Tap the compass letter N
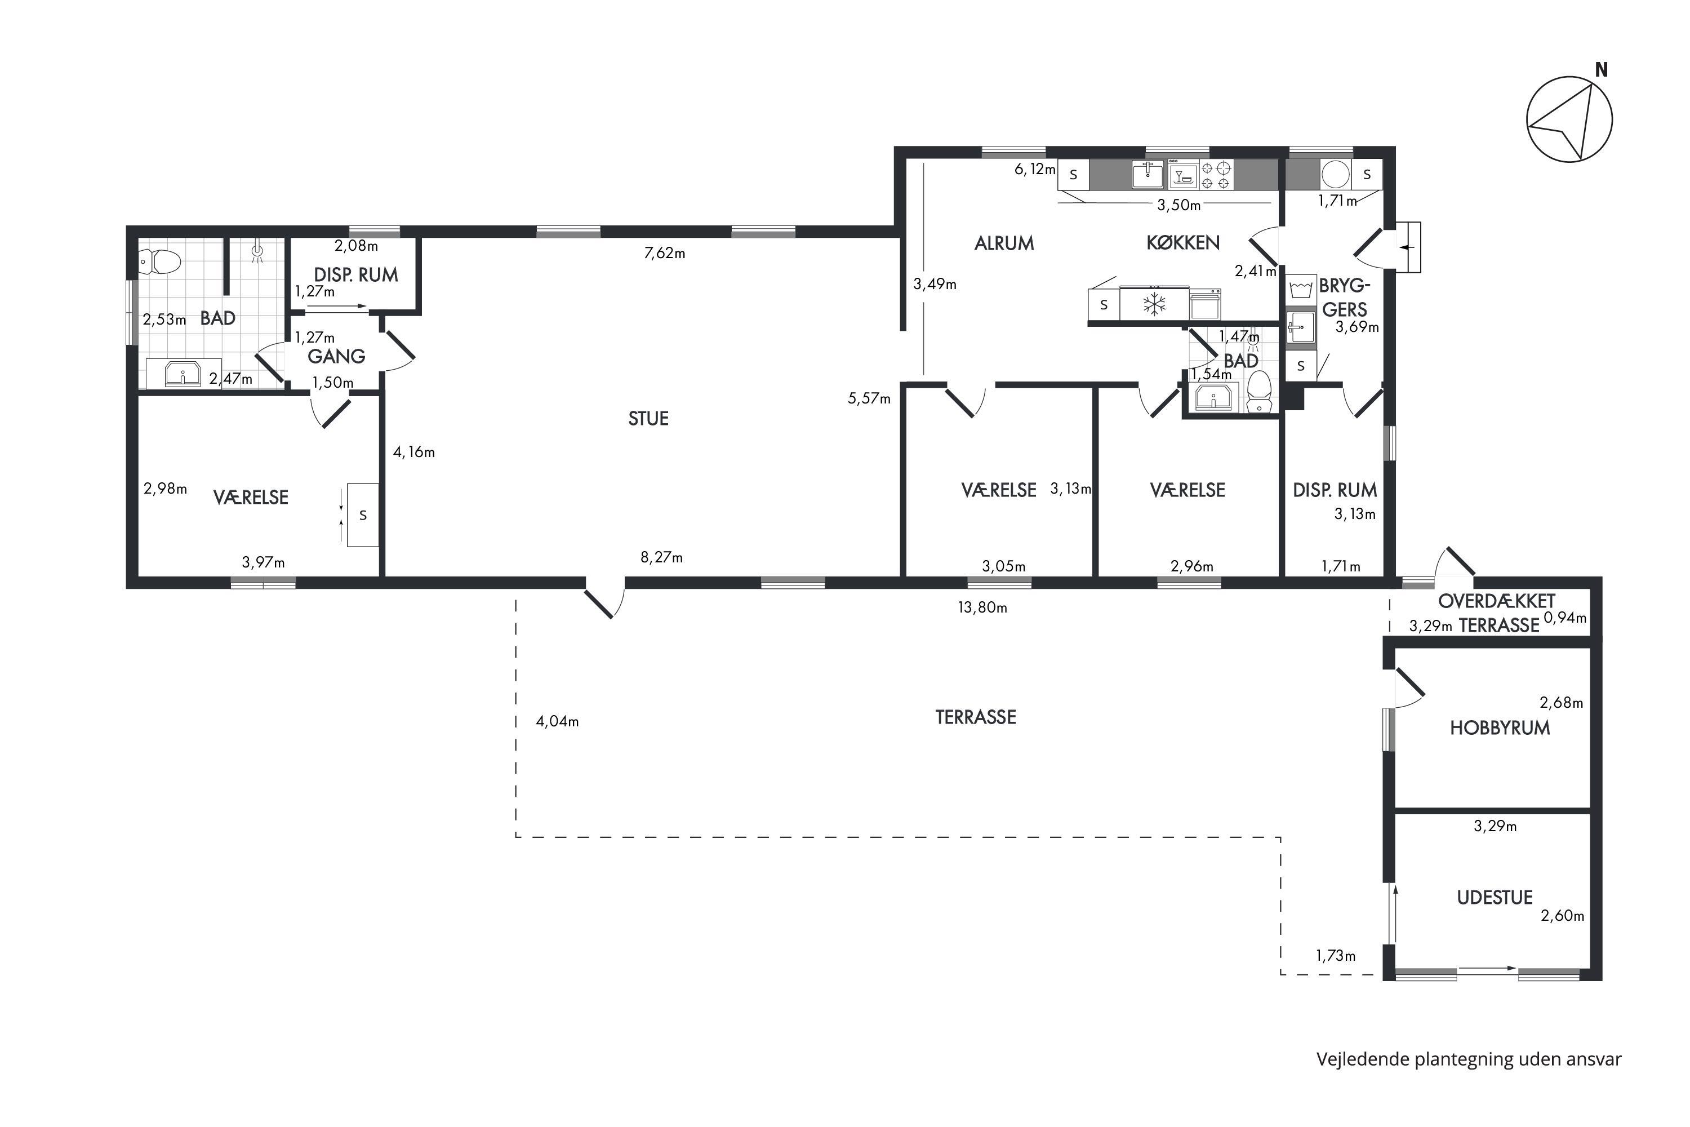[x=1602, y=70]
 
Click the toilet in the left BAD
[x=159, y=261]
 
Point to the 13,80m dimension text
[x=982, y=608]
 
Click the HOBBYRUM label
[x=1500, y=728]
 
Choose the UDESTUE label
[x=1495, y=898]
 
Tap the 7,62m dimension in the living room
[x=665, y=253]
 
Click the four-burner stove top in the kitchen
[x=1217, y=175]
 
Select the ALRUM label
[x=1004, y=243]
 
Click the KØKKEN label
[x=1182, y=243]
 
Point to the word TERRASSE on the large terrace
[x=976, y=717]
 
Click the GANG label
[x=336, y=357]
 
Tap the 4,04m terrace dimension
[x=558, y=722]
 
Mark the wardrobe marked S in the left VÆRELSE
[x=363, y=514]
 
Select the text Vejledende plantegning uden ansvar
[x=1469, y=1059]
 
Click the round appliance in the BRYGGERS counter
[x=1336, y=174]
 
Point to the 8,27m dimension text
[x=662, y=558]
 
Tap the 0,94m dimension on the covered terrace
[x=1565, y=618]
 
